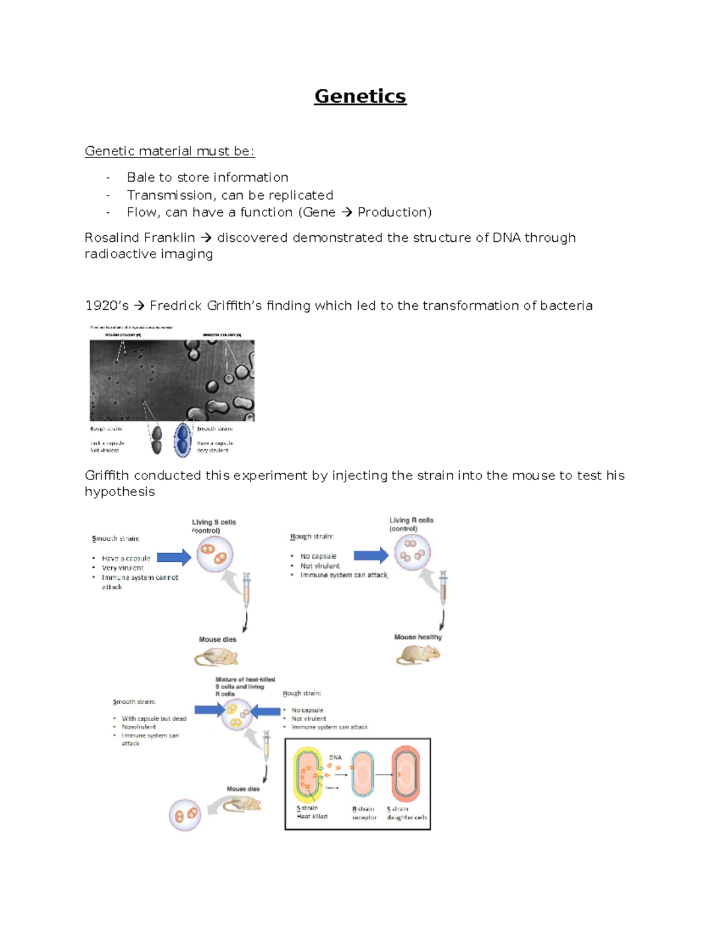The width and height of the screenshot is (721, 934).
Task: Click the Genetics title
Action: [360, 96]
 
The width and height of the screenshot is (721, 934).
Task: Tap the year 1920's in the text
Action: [106, 306]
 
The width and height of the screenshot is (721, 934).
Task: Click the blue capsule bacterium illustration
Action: [182, 440]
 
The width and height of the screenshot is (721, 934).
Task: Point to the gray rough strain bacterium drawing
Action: [157, 439]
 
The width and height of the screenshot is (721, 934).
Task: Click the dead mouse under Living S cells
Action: [216, 658]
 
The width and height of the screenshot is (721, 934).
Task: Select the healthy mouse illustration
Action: [418, 654]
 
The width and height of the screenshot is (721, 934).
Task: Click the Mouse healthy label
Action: [418, 637]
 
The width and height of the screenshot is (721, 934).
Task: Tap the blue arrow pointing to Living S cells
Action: [174, 557]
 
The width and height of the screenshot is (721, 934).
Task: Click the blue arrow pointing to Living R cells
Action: [371, 555]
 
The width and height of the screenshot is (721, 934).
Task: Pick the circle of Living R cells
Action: [412, 552]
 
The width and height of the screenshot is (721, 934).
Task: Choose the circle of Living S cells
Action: [214, 555]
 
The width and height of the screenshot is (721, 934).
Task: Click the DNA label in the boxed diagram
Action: [335, 757]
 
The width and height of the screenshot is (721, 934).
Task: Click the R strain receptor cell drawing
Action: [363, 775]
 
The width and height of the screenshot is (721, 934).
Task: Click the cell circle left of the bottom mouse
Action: [184, 815]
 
